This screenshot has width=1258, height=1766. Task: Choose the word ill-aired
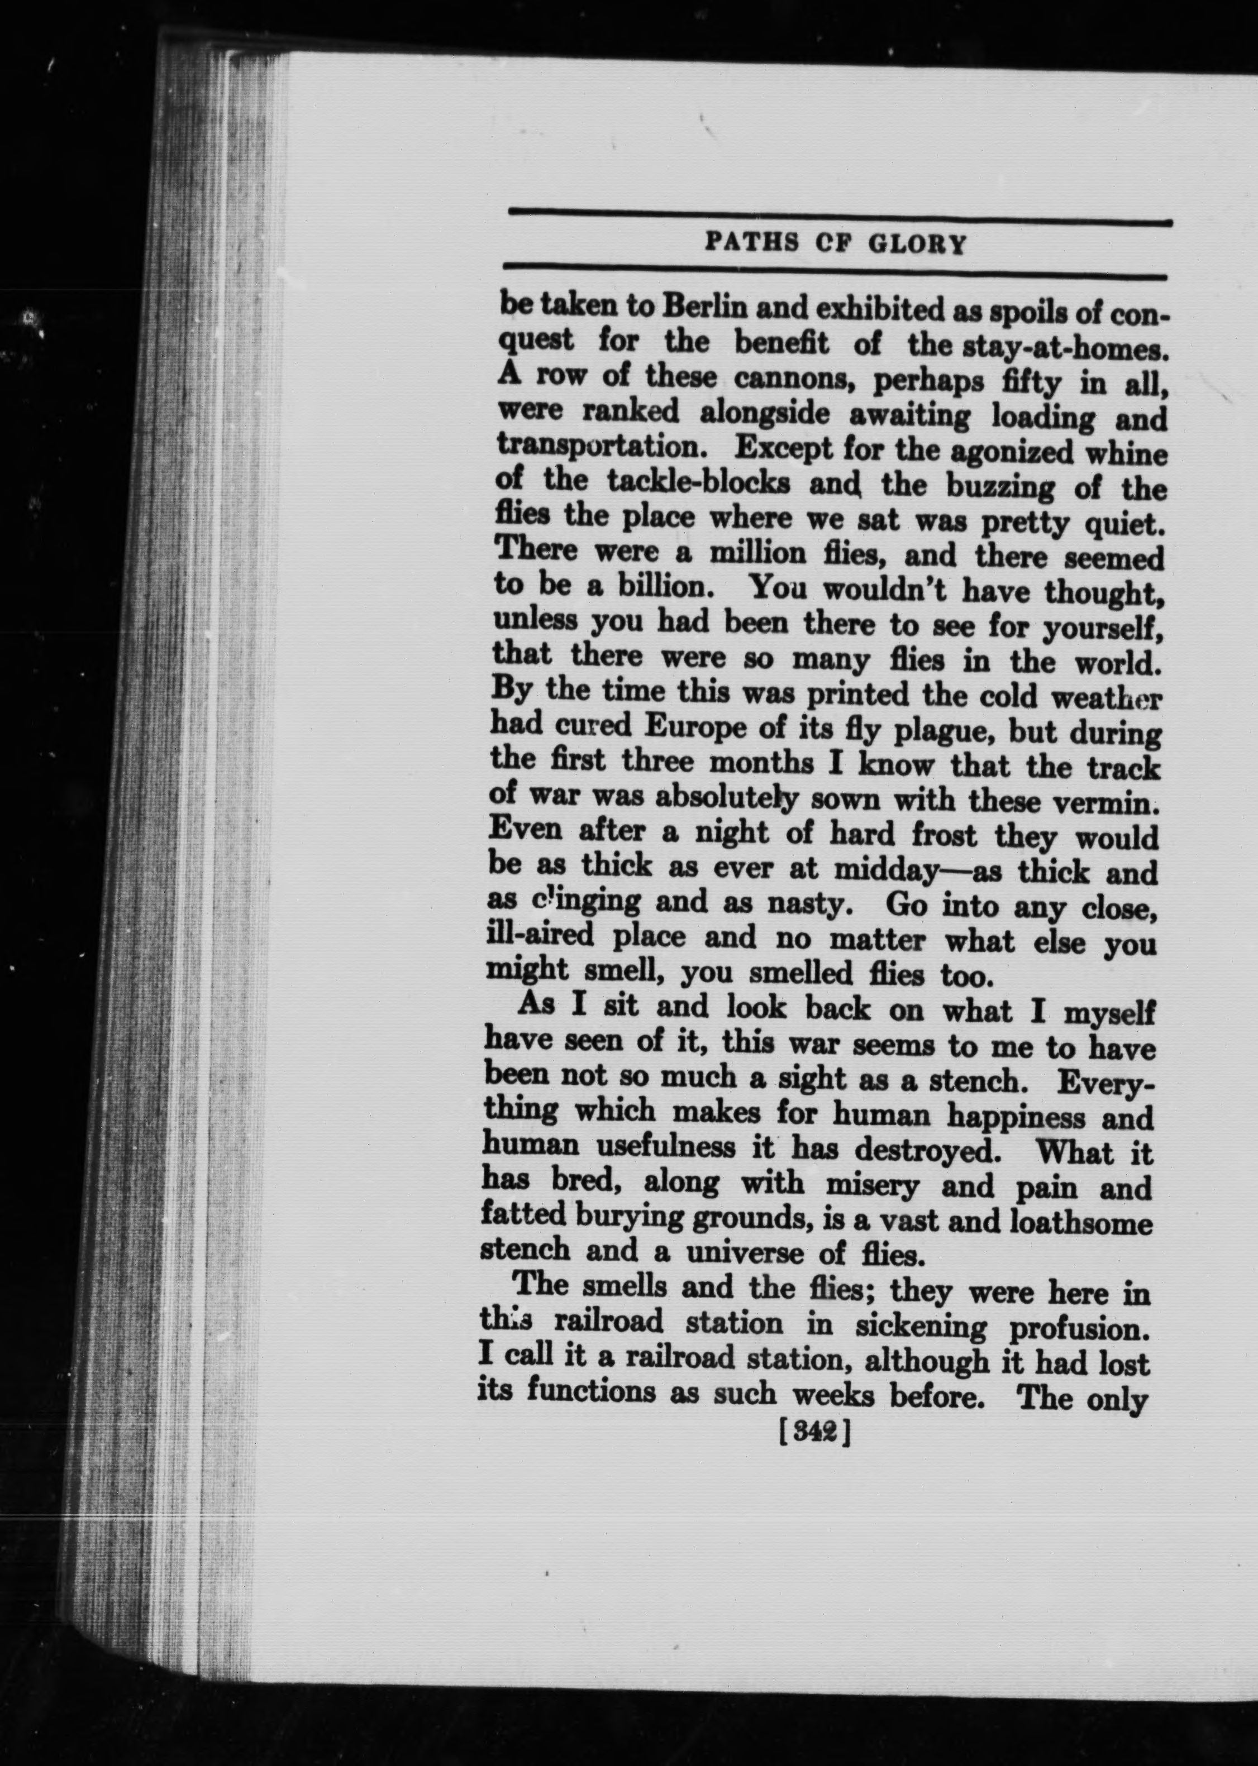[x=540, y=935]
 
